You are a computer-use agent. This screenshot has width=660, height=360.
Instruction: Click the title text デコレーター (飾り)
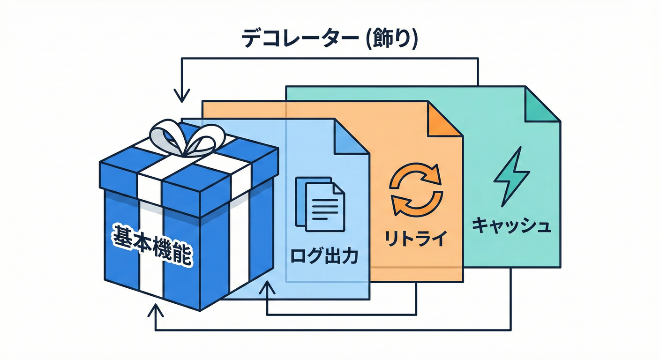coord(330,39)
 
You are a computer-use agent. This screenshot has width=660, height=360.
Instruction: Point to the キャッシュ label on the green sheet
coord(511,226)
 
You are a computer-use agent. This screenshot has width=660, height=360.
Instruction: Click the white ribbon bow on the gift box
coord(186,137)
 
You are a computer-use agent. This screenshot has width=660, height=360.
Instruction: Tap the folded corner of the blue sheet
coord(351,136)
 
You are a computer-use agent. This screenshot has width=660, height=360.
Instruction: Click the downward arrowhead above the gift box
coord(181,97)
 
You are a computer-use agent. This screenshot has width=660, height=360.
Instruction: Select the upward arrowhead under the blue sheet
coord(267,287)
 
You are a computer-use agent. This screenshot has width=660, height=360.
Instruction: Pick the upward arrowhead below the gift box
coord(155,310)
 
